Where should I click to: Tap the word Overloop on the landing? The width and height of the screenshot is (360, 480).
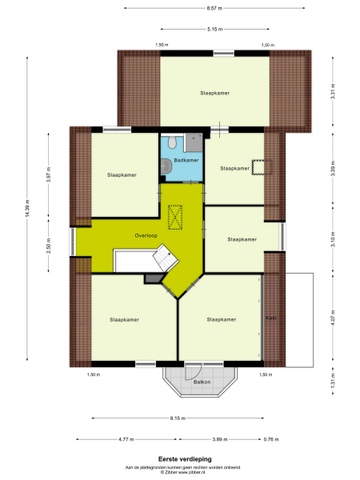(146, 235)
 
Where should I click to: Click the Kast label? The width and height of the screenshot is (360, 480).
(270, 318)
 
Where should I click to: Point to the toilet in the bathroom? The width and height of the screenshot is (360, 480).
(166, 165)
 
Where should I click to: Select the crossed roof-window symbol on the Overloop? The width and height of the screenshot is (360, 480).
(176, 215)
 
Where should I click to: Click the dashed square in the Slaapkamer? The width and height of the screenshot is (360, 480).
(260, 166)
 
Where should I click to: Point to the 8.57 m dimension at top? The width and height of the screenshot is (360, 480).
(214, 8)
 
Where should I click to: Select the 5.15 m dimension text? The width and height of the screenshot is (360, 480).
(214, 30)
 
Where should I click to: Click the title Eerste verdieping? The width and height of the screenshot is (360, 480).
(179, 459)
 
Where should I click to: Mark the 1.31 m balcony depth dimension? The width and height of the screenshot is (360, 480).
(332, 383)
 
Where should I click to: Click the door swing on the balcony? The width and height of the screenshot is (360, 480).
(192, 370)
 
